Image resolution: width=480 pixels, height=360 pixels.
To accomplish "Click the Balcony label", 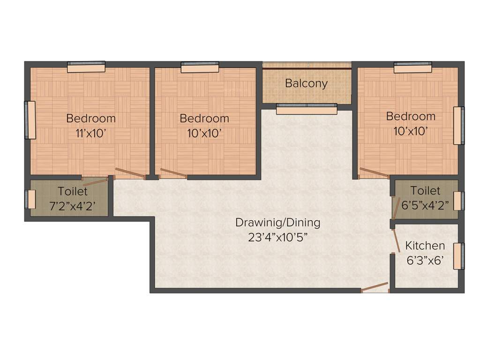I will (x=306, y=83).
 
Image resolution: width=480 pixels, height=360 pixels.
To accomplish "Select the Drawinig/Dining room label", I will (x=277, y=223).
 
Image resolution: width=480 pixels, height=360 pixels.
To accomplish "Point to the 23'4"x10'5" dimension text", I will (x=277, y=237).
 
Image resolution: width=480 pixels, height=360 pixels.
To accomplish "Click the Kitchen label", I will (x=425, y=246).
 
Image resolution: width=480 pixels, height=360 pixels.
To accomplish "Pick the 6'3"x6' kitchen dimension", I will (x=425, y=260).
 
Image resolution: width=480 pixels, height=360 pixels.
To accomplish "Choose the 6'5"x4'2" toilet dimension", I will (x=425, y=204).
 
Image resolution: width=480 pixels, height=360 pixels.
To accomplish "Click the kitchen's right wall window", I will (x=458, y=256).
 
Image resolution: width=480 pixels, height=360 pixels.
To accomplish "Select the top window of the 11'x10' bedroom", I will (x=86, y=67).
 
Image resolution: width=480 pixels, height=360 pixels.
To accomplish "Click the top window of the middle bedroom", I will (x=200, y=67).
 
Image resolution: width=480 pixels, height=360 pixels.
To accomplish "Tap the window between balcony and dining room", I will (x=306, y=109).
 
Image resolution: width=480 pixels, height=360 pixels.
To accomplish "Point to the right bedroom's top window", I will (x=412, y=67).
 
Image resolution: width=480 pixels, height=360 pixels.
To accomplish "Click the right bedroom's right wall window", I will (x=458, y=126).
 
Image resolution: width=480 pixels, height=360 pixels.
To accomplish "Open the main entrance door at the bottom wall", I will (x=375, y=288).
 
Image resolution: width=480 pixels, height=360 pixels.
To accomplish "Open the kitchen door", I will (x=396, y=240).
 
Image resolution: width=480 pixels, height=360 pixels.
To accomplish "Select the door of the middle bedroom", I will (x=173, y=173).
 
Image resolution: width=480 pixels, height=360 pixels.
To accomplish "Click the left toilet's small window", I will (x=30, y=199).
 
